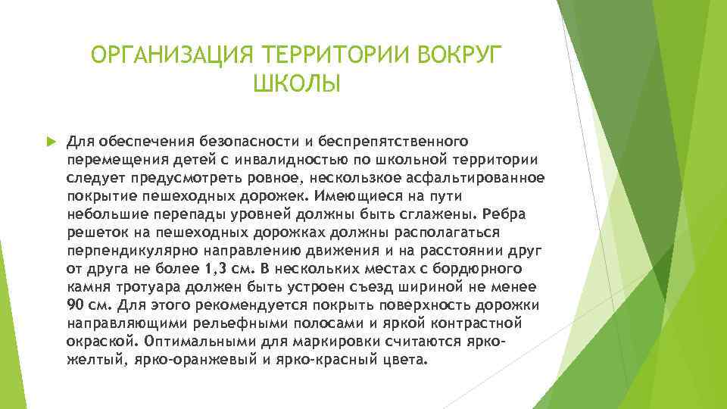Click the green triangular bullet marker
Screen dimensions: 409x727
click(51, 141)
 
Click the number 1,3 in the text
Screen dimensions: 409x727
click(213, 268)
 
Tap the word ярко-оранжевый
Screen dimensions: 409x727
click(178, 359)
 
